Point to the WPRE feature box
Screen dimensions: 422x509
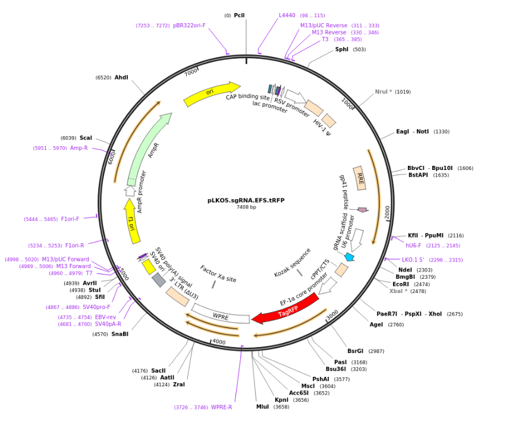click(221, 316)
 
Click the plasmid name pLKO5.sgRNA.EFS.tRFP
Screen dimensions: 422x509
click(246, 200)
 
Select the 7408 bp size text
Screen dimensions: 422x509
click(246, 207)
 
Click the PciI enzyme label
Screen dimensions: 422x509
click(239, 15)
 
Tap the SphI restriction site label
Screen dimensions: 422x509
click(342, 49)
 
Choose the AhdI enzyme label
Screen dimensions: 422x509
click(121, 77)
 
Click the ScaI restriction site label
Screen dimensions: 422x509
click(86, 138)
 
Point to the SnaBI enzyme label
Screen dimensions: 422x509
click(120, 334)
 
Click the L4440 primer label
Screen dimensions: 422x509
click(287, 15)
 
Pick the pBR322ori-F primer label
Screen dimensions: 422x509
click(189, 26)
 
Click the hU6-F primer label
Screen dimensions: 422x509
click(414, 245)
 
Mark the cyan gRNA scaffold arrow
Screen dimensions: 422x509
click(349, 257)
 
